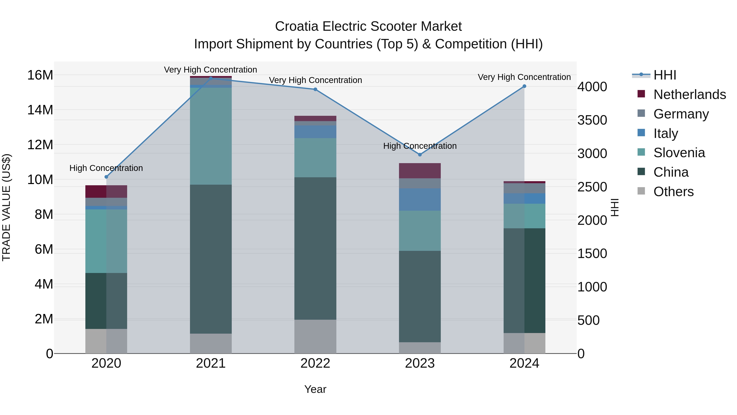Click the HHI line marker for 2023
pyautogui.click(x=420, y=155)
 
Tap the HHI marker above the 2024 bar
pyautogui.click(x=524, y=86)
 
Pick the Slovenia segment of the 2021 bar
pyautogui.click(x=211, y=136)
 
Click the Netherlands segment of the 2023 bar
pyautogui.click(x=420, y=171)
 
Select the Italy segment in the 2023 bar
pyautogui.click(x=420, y=199)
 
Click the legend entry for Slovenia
pyautogui.click(x=679, y=153)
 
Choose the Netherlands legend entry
pyautogui.click(x=690, y=94)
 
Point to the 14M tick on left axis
pyautogui.click(x=40, y=110)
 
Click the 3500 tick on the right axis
pyautogui.click(x=592, y=120)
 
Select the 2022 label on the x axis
pyautogui.click(x=315, y=363)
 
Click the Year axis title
pyautogui.click(x=315, y=389)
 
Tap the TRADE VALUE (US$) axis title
pyautogui.click(x=6, y=207)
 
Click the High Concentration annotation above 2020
pyautogui.click(x=106, y=168)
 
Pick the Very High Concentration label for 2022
pyautogui.click(x=315, y=80)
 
